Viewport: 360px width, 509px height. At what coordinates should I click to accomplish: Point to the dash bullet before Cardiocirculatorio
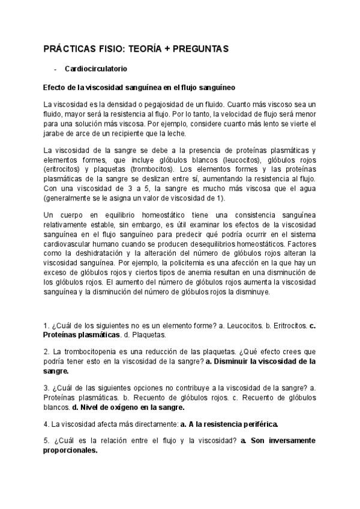(55, 69)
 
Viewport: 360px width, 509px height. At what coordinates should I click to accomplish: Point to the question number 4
(46, 424)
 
